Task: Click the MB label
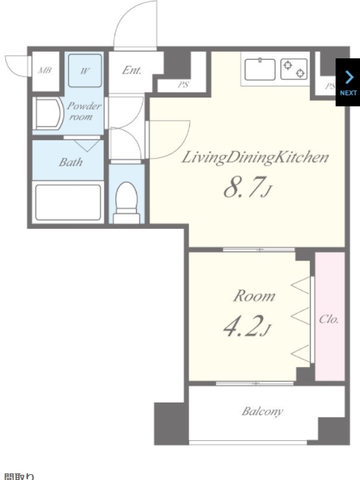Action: [44, 70]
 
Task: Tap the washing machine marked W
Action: [85, 71]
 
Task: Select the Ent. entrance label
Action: [132, 70]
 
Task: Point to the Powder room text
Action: [84, 112]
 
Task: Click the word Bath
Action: [70, 162]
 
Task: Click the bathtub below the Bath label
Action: [68, 202]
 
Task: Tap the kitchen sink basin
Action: [259, 69]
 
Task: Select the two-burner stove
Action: [293, 69]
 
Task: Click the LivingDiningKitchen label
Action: [255, 157]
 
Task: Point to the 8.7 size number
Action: [244, 188]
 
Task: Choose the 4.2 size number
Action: [243, 326]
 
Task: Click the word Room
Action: [254, 296]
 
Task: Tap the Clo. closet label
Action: [329, 319]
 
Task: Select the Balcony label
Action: [262, 411]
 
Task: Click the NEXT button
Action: [348, 82]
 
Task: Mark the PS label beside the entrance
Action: [183, 85]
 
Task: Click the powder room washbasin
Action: [48, 114]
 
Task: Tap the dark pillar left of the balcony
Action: [170, 423]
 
